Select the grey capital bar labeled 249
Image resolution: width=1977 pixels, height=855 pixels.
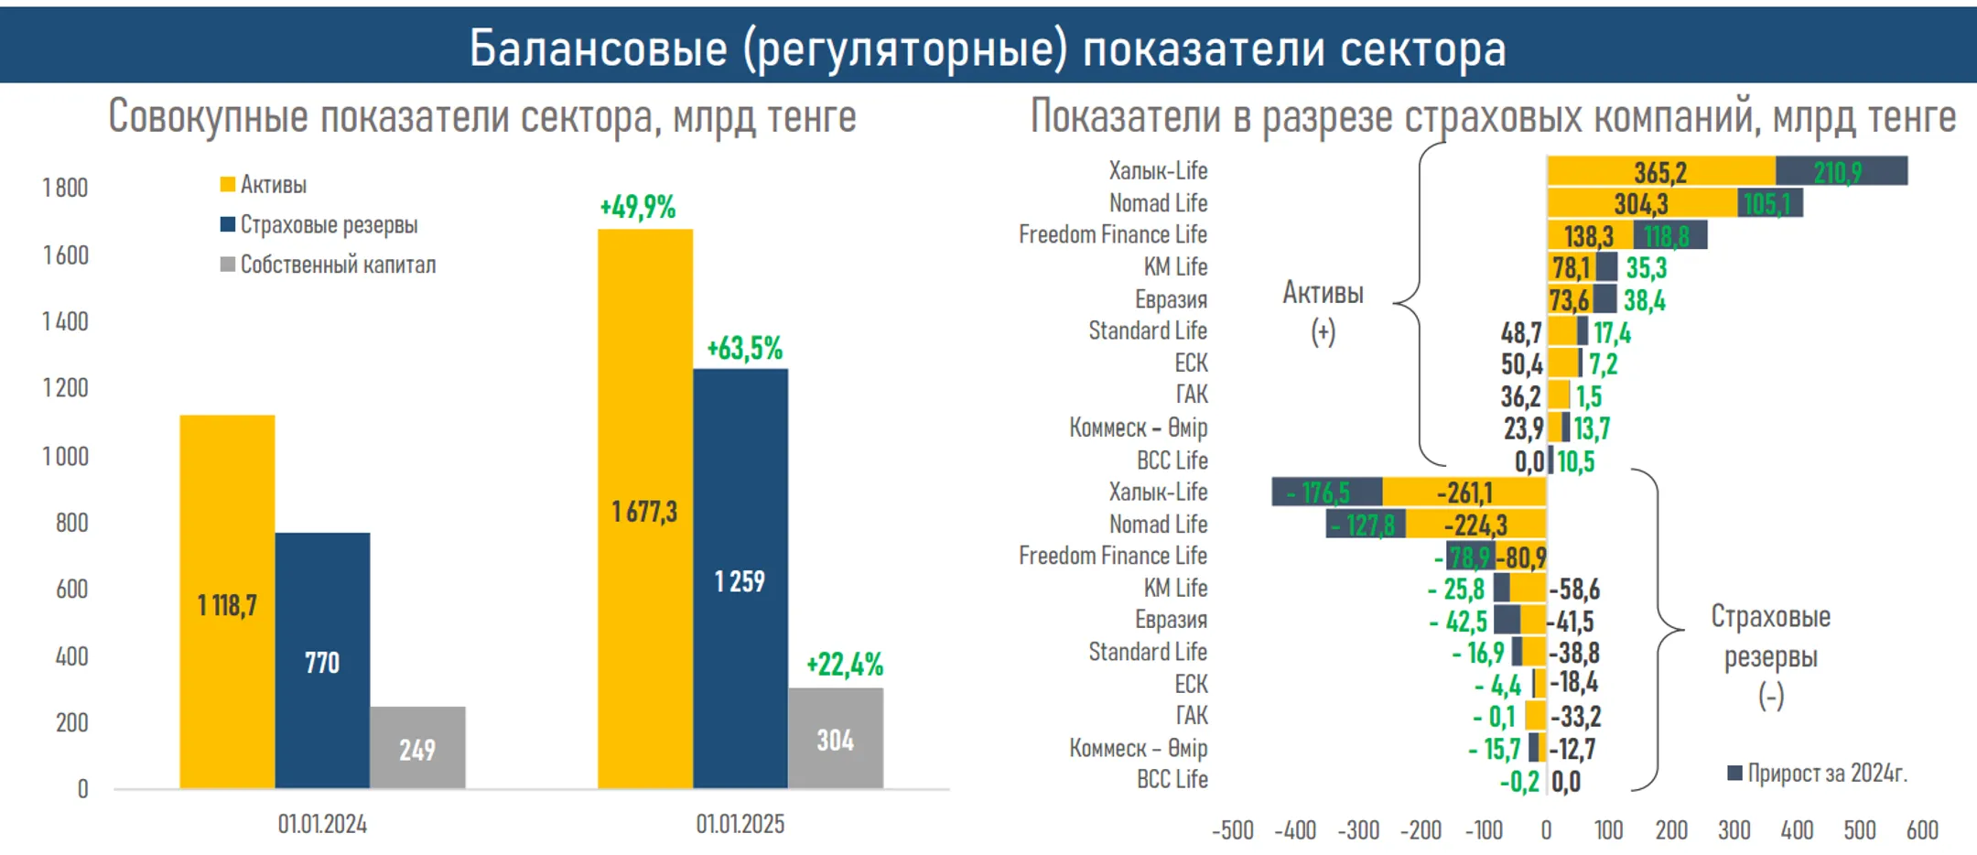coord(417,749)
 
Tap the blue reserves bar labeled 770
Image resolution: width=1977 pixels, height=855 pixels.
coord(322,661)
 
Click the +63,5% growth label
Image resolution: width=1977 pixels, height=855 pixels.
coord(744,349)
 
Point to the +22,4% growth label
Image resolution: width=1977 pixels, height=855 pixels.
coord(844,665)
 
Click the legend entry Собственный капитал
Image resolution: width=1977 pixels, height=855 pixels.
coord(337,265)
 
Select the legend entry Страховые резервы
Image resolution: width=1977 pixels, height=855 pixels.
coord(328,224)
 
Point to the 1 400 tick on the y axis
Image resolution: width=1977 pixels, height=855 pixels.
coord(65,321)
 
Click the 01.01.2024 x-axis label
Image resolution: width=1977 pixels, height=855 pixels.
coord(322,824)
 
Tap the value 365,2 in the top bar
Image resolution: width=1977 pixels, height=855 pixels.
coord(1660,172)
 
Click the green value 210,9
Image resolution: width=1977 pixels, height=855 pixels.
coord(1837,172)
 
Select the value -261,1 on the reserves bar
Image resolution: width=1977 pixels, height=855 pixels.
coord(1464,492)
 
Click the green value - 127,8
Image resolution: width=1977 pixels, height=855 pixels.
coord(1363,525)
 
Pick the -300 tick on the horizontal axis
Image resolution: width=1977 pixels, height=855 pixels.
coord(1357,830)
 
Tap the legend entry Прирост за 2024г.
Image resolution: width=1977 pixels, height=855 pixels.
coord(1825,774)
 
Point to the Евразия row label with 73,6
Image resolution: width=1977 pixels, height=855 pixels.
coord(1171,299)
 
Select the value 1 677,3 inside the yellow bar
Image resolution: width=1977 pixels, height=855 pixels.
coord(644,511)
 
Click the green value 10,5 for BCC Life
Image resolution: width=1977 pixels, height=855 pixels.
coord(1575,461)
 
